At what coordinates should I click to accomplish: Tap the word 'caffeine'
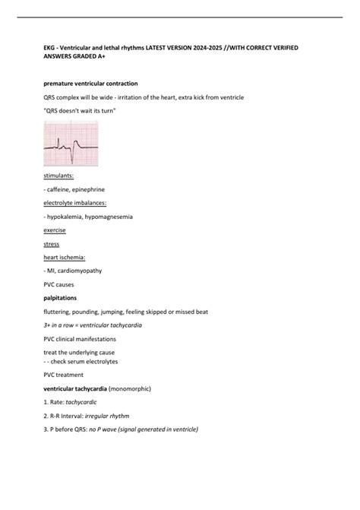(x=60, y=189)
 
